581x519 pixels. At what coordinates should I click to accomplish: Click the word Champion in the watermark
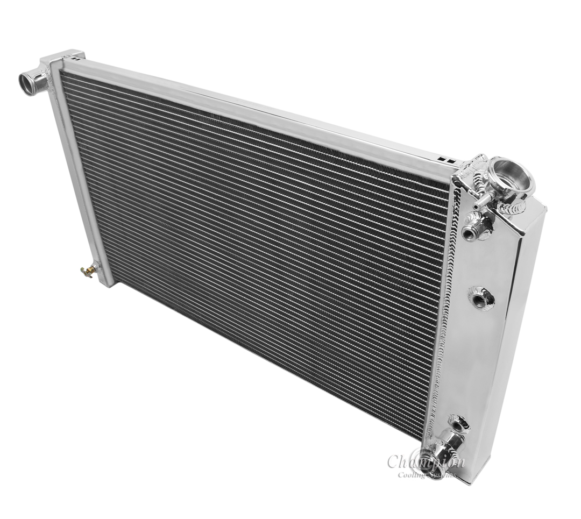coord(425,461)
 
